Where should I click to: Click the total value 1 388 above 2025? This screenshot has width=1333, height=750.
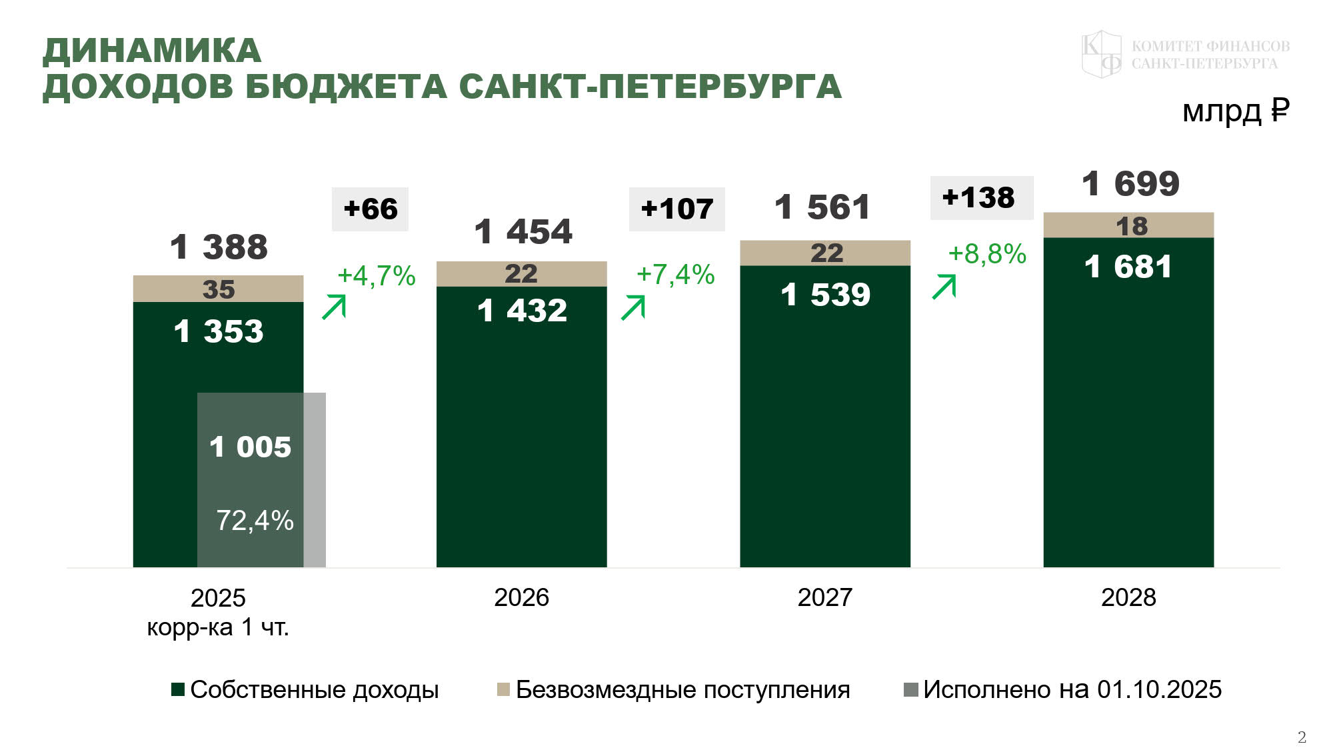pyautogui.click(x=219, y=247)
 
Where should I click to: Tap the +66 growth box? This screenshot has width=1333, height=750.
pyautogui.click(x=370, y=209)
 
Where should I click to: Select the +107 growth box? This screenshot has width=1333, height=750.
pyautogui.click(x=676, y=209)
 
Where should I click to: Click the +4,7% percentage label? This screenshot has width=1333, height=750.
pyautogui.click(x=376, y=275)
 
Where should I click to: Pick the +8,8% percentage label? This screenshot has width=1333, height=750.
pyautogui.click(x=987, y=254)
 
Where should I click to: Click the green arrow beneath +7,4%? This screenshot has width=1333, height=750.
pyautogui.click(x=633, y=308)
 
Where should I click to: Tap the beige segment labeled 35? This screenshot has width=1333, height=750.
pyautogui.click(x=219, y=289)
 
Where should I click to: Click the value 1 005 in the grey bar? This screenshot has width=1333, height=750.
pyautogui.click(x=251, y=447)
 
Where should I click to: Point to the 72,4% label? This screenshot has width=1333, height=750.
pyautogui.click(x=255, y=521)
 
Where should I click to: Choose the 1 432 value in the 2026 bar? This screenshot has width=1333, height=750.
pyautogui.click(x=522, y=311)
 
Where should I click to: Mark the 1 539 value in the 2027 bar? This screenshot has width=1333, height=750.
pyautogui.click(x=825, y=295)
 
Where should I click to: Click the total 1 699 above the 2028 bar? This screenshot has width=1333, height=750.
pyautogui.click(x=1130, y=184)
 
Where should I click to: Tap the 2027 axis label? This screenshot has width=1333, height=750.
pyautogui.click(x=825, y=597)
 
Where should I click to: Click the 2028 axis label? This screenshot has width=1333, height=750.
pyautogui.click(x=1128, y=597)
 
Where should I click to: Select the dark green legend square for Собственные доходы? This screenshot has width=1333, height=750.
pyautogui.click(x=178, y=689)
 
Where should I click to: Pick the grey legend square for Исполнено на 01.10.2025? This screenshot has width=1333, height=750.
pyautogui.click(x=910, y=689)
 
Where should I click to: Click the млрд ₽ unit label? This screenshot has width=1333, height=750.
pyautogui.click(x=1236, y=111)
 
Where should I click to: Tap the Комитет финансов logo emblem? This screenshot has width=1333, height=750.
pyautogui.click(x=1101, y=54)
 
